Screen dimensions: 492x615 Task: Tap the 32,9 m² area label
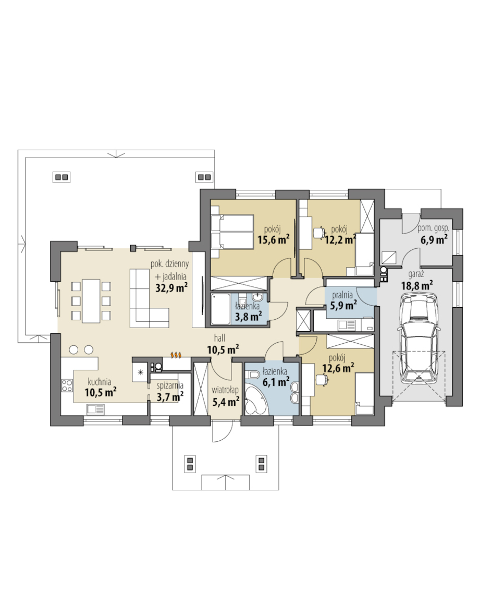[x=171, y=287]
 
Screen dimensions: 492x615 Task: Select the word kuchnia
[x=99, y=382]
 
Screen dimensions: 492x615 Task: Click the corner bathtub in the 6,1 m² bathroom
[x=255, y=400]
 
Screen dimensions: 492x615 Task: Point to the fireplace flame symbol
[x=176, y=355]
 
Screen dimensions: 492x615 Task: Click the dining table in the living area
[x=91, y=300]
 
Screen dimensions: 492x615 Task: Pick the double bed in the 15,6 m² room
[x=232, y=232]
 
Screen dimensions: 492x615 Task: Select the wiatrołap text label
[x=225, y=390]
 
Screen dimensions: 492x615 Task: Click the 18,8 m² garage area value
[x=417, y=285]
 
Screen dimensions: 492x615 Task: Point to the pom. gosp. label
[x=433, y=228]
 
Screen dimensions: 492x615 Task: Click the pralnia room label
[x=342, y=295]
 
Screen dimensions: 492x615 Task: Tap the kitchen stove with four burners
[x=67, y=385]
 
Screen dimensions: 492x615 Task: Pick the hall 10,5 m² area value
[x=223, y=349]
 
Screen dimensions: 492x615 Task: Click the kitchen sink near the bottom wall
[x=95, y=409]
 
